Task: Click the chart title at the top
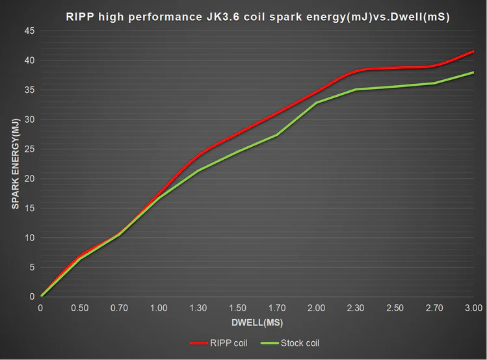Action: (258, 18)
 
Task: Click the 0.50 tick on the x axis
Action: (81, 307)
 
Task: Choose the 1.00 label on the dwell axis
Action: (159, 307)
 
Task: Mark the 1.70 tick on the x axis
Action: (277, 307)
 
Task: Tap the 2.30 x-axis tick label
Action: (356, 307)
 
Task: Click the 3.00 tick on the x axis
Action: (473, 307)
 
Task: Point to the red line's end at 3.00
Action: (473, 51)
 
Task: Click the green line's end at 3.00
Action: (473, 72)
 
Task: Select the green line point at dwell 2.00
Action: (317, 103)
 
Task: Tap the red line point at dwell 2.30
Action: (356, 71)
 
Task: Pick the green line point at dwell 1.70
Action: (277, 135)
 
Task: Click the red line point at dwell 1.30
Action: (198, 155)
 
